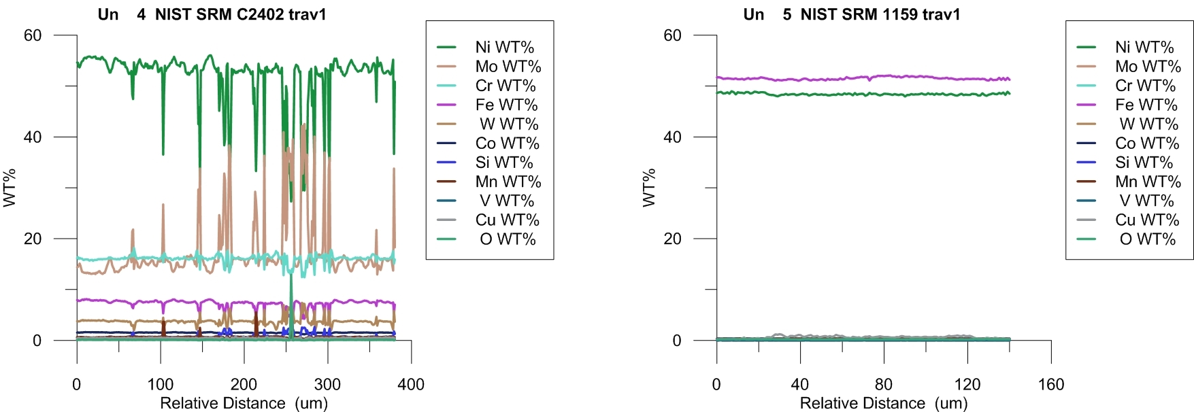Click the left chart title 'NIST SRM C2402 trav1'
[x=240, y=14]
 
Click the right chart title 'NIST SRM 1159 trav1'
[x=880, y=14]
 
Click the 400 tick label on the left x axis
[x=411, y=385]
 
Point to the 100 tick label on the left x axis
[x=161, y=385]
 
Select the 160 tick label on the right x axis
[x=1050, y=385]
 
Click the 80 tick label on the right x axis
[x=883, y=385]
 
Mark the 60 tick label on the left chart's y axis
[x=33, y=35]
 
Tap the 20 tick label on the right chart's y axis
[x=672, y=239]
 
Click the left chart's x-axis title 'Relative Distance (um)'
[x=244, y=403]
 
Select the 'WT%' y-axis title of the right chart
[x=649, y=188]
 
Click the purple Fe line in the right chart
[x=850, y=78]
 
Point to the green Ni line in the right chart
[x=850, y=94]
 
